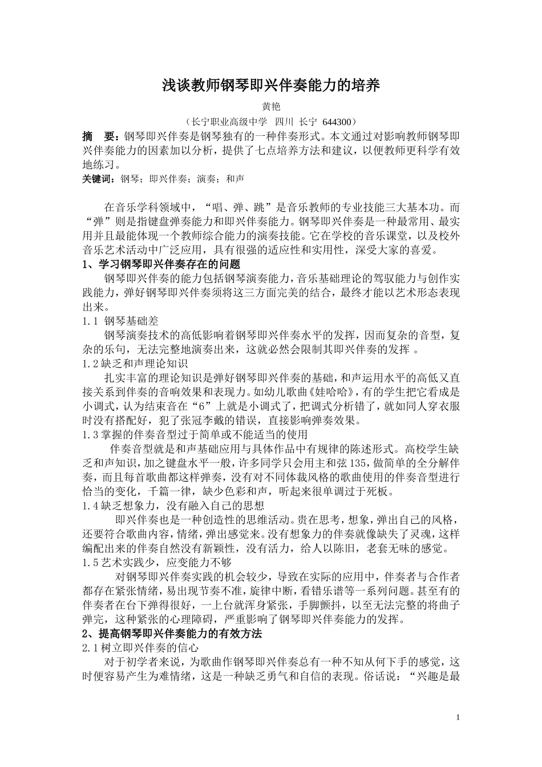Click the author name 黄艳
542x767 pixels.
point(270,107)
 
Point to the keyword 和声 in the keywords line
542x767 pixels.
point(235,179)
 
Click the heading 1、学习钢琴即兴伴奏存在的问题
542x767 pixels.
point(161,264)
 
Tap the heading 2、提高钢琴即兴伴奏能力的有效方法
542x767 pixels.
point(172,633)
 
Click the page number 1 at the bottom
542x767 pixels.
point(458,717)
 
